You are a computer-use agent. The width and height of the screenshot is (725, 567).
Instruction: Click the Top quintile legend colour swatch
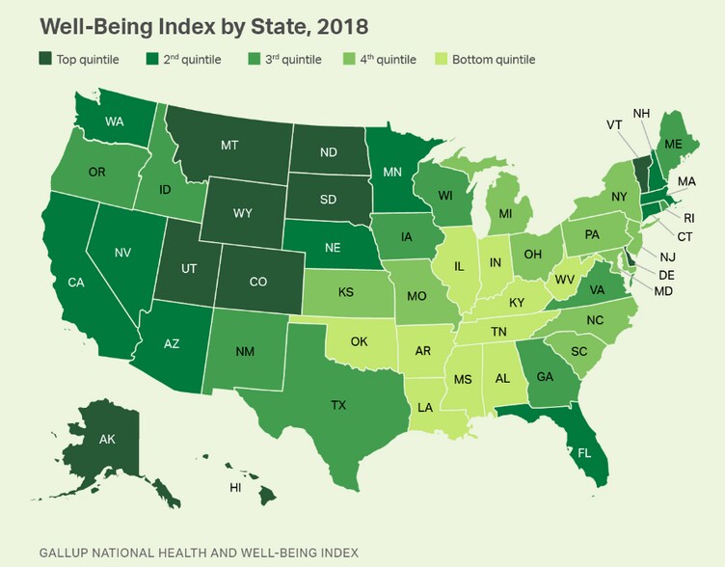coord(46,60)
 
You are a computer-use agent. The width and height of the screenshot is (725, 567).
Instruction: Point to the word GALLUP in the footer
coord(67,553)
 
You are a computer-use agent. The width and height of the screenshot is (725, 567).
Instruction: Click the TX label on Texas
coord(338,405)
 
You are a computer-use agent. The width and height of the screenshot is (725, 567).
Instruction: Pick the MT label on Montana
coord(229,145)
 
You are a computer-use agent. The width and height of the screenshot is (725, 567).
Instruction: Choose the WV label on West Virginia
coord(563,279)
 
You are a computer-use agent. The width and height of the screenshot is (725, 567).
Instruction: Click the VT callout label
coord(614,124)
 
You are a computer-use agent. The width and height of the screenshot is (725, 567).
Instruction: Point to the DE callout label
coord(667,273)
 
